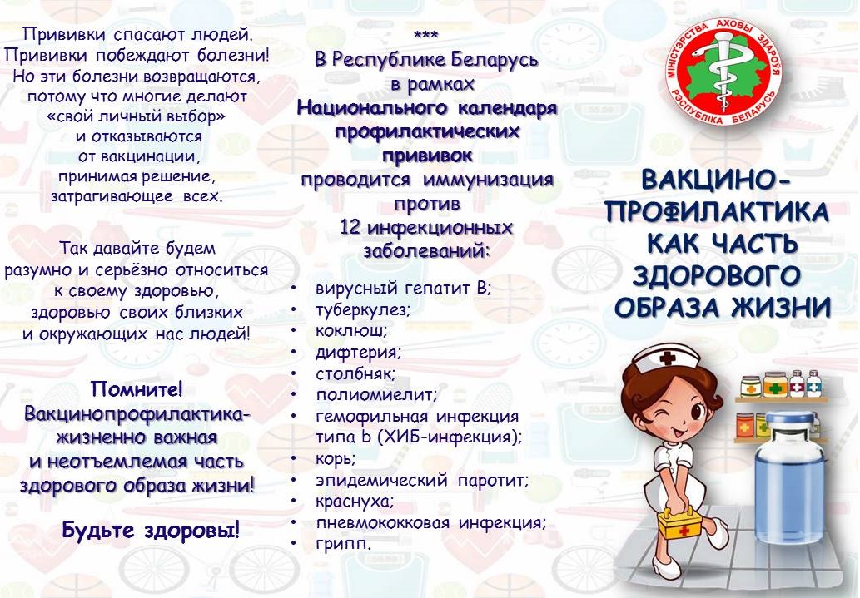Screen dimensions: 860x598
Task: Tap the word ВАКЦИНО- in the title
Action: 716,180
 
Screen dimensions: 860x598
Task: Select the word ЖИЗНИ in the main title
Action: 780,307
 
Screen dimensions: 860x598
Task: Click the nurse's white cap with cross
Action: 665,361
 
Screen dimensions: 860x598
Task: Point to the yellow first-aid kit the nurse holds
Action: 683,525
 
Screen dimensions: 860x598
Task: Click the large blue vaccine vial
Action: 790,473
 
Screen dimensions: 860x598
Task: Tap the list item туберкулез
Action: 362,309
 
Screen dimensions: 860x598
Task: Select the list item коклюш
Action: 351,330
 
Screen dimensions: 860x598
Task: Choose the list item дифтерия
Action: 358,352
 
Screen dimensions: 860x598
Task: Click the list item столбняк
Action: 355,373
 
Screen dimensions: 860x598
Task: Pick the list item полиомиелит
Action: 376,395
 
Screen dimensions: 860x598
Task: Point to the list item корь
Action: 336,458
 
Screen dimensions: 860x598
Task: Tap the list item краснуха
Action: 355,502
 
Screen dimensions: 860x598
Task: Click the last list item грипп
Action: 343,544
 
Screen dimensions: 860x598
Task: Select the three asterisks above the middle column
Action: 425,35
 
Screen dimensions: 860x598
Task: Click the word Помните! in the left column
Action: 137,389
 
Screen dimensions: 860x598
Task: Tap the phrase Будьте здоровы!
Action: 151,530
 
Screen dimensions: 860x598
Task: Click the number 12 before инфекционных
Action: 350,226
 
